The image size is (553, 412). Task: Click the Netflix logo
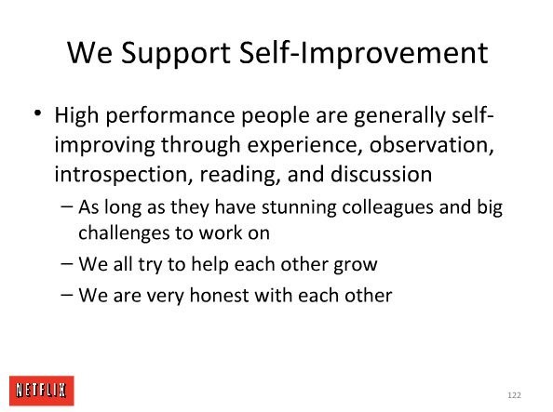click(42, 391)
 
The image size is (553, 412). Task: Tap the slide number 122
click(514, 395)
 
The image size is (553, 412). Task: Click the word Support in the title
click(176, 54)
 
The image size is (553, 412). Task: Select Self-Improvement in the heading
click(364, 54)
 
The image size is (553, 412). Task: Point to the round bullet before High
click(37, 113)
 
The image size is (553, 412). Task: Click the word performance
click(170, 116)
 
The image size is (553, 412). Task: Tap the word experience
click(304, 145)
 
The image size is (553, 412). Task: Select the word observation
click(431, 144)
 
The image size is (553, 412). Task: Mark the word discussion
click(382, 174)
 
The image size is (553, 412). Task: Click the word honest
click(219, 296)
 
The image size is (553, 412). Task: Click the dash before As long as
click(67, 206)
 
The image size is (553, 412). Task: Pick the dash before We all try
click(67, 263)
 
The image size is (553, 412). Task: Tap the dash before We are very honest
click(67, 295)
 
